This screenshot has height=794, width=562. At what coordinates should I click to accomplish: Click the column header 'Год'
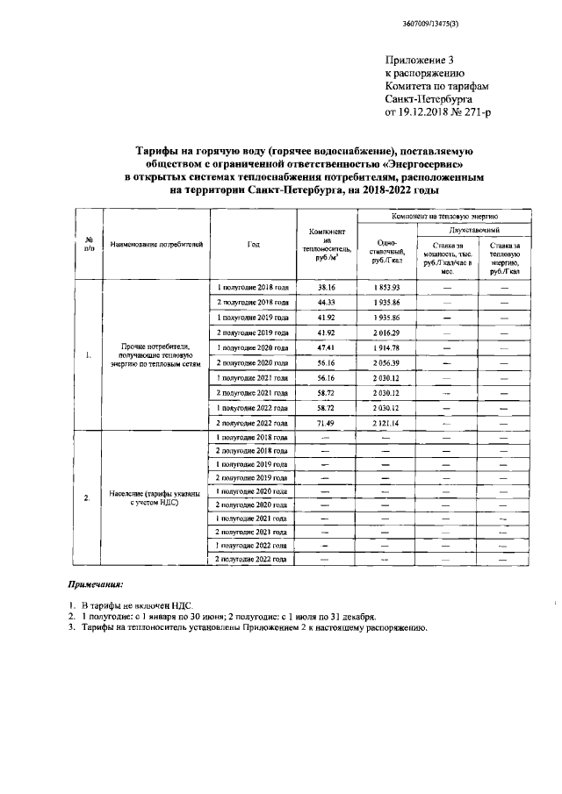tap(253, 244)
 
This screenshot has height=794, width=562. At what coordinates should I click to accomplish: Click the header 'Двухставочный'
tap(474, 227)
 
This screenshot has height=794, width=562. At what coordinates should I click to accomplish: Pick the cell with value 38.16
tap(327, 287)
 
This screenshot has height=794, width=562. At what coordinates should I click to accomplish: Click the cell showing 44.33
tap(327, 302)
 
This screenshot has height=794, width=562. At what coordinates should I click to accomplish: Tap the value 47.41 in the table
tap(327, 347)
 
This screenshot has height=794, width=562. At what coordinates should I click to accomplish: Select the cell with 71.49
tap(327, 423)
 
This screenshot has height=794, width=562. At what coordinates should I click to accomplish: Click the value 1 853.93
tap(385, 287)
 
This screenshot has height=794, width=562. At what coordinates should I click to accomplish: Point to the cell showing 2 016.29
tap(385, 333)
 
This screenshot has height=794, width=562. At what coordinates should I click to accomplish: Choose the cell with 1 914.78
tap(385, 347)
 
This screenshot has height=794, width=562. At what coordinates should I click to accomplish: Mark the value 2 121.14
tap(385, 423)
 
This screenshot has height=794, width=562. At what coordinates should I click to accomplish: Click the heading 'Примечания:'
tap(97, 583)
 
